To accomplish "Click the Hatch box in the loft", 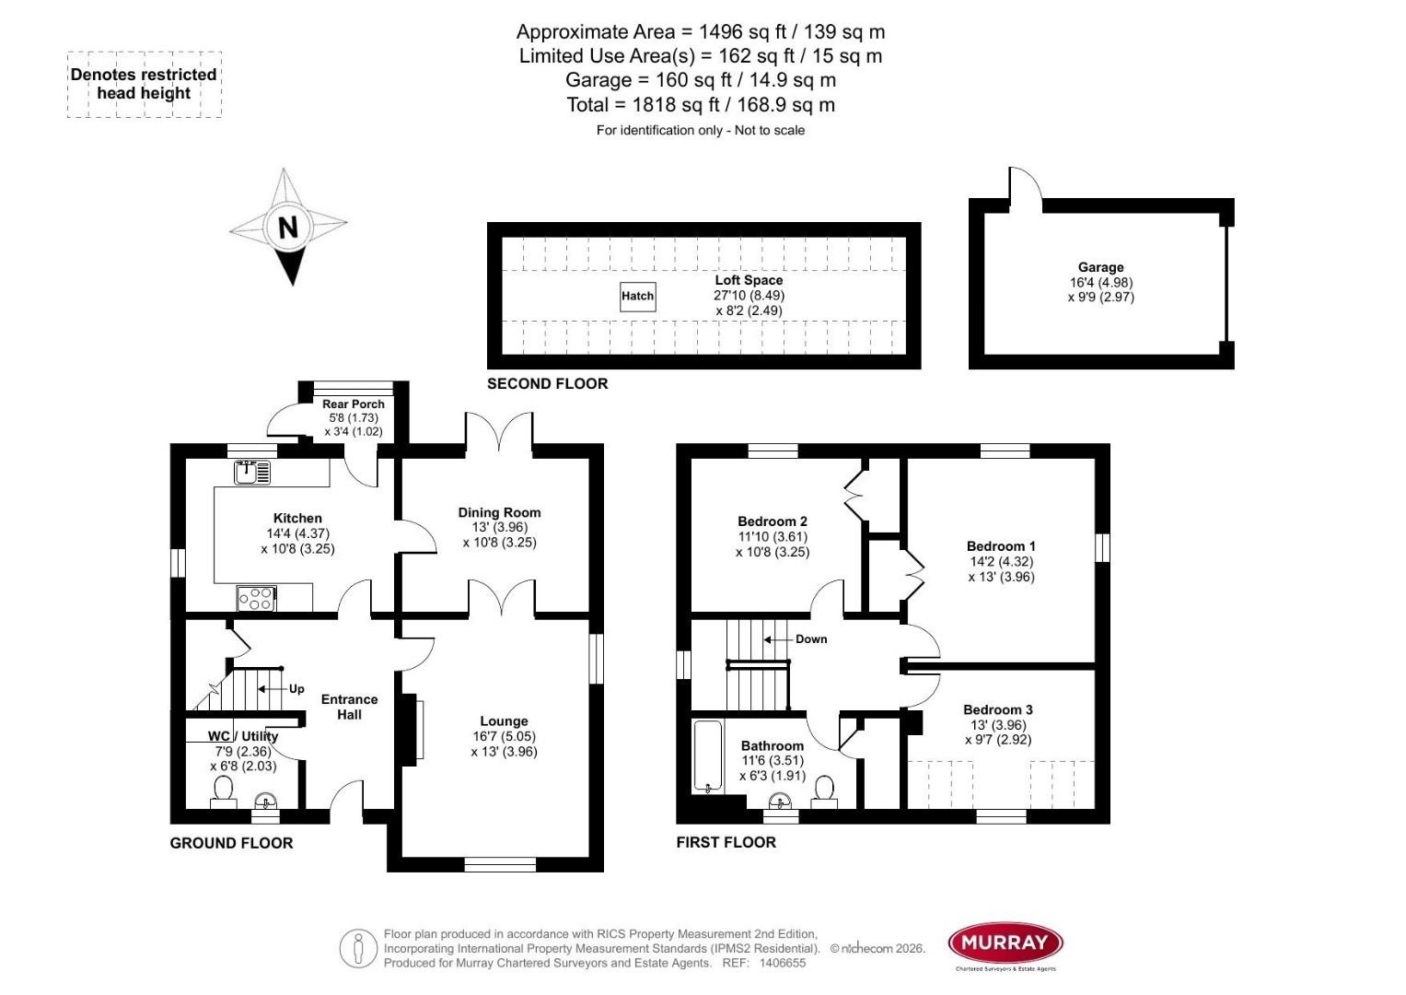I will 637,296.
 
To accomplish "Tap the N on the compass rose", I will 288,227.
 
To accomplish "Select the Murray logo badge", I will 1005,942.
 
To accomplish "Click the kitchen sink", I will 252,473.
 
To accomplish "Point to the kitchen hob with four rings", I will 256,599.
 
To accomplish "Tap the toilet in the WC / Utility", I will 223,791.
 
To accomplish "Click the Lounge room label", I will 504,721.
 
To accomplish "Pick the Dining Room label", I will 499,512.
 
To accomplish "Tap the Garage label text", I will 1100,267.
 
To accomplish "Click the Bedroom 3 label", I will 997,709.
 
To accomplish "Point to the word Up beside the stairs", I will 296,689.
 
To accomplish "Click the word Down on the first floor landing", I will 811,639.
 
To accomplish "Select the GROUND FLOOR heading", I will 231,843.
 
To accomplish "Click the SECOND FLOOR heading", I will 547,384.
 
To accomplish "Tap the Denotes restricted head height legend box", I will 144,84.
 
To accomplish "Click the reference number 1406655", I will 782,964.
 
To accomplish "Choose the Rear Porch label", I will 354,404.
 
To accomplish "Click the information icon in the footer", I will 358,948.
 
